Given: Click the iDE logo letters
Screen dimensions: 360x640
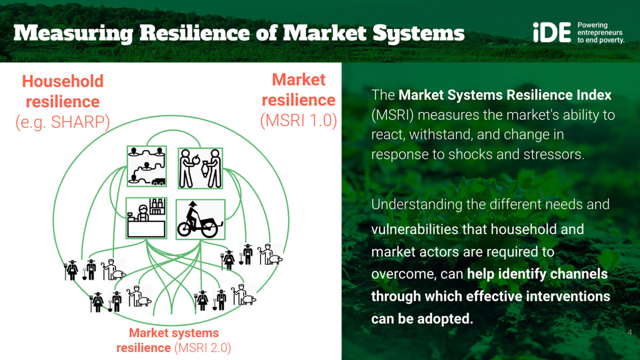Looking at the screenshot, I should click(x=552, y=32).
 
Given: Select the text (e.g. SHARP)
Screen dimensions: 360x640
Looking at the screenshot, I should click(x=62, y=122).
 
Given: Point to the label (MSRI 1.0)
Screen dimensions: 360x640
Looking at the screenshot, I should click(x=298, y=120).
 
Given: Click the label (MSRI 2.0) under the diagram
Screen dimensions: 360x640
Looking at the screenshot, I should click(x=203, y=348).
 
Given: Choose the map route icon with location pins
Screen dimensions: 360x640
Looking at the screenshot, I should click(x=147, y=166).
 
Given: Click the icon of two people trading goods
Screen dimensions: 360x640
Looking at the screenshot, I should click(x=200, y=168).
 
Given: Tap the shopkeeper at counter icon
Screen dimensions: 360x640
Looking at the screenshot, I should click(x=146, y=218).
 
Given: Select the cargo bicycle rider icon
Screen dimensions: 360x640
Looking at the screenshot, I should click(x=200, y=219).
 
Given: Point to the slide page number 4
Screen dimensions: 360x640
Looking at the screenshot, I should click(x=630, y=332).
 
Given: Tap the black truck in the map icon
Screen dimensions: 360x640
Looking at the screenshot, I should click(x=158, y=181).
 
